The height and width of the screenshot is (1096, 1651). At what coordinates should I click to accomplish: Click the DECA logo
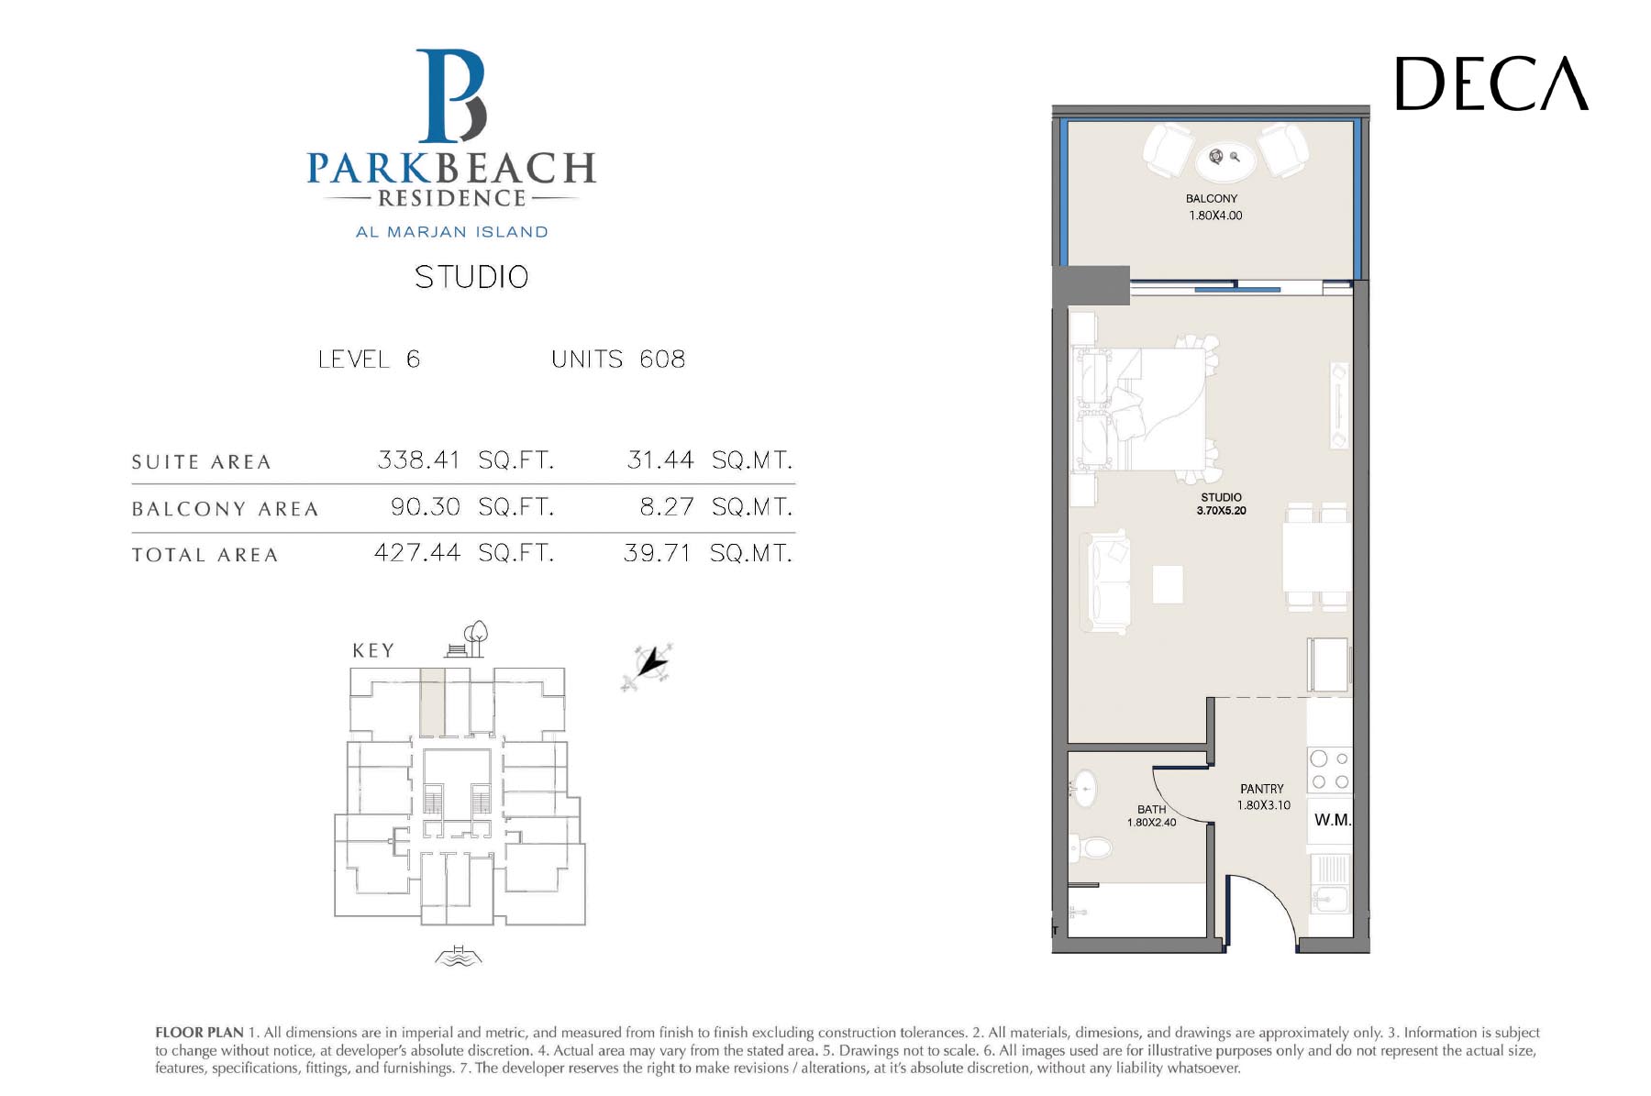pyautogui.click(x=1491, y=83)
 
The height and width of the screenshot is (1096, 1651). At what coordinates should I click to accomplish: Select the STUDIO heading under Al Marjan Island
pyautogui.click(x=471, y=277)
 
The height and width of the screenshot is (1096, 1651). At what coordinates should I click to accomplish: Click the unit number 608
pyautogui.click(x=662, y=359)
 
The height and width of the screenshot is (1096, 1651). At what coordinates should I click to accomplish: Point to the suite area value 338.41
pyautogui.click(x=418, y=459)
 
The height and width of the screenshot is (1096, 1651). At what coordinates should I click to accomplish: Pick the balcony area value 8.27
pyautogui.click(x=666, y=506)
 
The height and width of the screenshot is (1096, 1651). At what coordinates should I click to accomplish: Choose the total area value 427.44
pyautogui.click(x=417, y=553)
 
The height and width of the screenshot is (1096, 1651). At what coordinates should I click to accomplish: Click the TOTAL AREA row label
pyautogui.click(x=205, y=555)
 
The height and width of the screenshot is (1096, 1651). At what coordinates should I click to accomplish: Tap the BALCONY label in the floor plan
pyautogui.click(x=1212, y=198)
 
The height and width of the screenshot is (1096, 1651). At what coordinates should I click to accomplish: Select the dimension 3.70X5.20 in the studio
pyautogui.click(x=1221, y=511)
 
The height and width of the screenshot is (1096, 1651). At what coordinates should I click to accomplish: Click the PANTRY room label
pyautogui.click(x=1262, y=789)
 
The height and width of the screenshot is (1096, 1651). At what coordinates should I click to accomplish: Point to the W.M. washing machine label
pyautogui.click(x=1332, y=820)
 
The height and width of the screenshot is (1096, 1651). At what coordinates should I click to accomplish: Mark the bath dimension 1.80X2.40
pyautogui.click(x=1151, y=823)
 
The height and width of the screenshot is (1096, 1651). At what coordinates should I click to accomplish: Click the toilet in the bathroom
pyautogui.click(x=1091, y=847)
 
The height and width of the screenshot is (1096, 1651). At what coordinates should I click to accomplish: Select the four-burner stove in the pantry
pyautogui.click(x=1329, y=770)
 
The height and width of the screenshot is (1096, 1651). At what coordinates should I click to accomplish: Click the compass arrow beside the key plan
pyautogui.click(x=648, y=665)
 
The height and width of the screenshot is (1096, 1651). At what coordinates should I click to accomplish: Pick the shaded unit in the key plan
pyautogui.click(x=432, y=702)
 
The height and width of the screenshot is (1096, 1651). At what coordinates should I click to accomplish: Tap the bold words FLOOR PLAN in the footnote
pyautogui.click(x=199, y=1033)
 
